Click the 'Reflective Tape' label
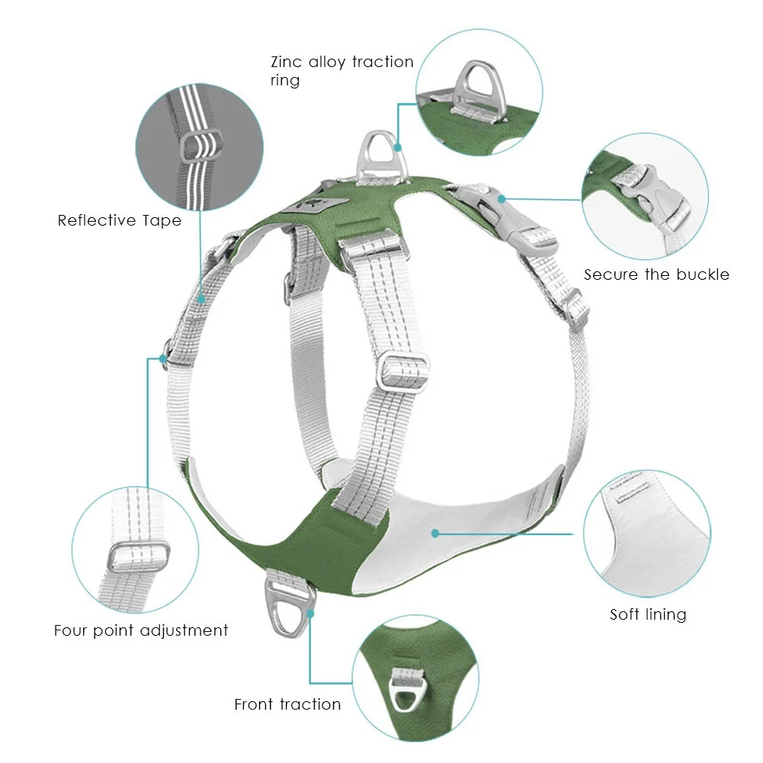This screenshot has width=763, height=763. [x=120, y=221]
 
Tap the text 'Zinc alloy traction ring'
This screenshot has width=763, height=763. [x=341, y=71]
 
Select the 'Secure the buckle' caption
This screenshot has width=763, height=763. [x=656, y=274]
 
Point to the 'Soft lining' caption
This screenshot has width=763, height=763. [x=648, y=614]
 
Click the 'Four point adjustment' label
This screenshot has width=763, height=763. [x=141, y=631]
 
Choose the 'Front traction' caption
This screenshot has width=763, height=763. [x=287, y=704]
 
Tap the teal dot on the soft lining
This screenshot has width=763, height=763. [x=435, y=533]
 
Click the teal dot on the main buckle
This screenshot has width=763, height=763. [x=502, y=198]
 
